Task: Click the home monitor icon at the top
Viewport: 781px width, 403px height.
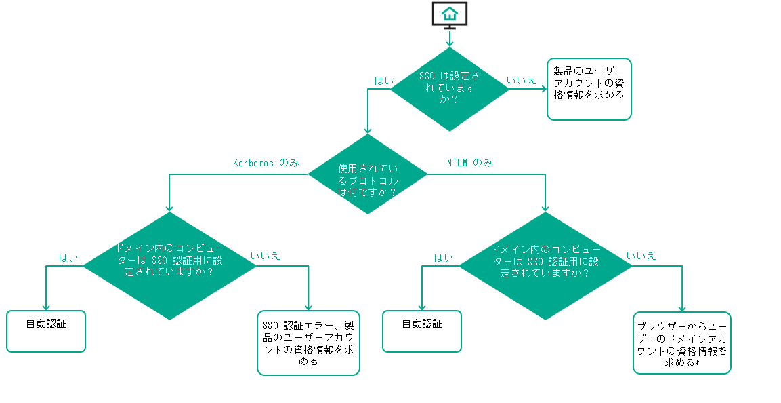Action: [x=450, y=15]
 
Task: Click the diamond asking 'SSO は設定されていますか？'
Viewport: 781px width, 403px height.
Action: [x=450, y=90]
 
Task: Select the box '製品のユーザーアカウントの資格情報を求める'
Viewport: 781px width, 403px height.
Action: [x=589, y=89]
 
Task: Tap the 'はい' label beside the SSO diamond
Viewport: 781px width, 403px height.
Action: [x=384, y=81]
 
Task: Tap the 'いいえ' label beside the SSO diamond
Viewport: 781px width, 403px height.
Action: [x=521, y=80]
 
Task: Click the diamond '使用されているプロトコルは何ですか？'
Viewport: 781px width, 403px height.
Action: [x=368, y=174]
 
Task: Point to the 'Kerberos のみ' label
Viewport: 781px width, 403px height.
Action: [x=266, y=163]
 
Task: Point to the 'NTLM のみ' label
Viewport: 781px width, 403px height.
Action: [x=469, y=163]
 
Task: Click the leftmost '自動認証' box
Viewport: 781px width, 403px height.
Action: [x=46, y=332]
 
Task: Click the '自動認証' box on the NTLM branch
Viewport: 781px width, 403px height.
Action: [x=421, y=332]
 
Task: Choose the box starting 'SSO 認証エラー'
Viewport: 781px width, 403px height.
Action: [x=308, y=343]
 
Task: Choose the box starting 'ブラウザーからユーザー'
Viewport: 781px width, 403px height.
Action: [x=681, y=343]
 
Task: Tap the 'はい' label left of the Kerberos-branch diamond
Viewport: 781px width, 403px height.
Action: [x=68, y=258]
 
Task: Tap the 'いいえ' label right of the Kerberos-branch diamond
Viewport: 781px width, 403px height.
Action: [x=266, y=256]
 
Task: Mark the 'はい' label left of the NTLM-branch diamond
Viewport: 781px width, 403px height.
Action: [x=444, y=258]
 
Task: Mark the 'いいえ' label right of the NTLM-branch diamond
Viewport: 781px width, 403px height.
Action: [x=641, y=256]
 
